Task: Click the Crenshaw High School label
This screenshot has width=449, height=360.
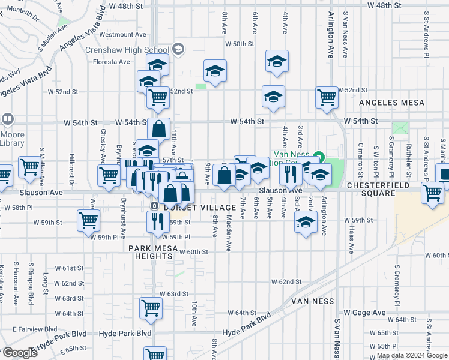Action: (x=127, y=50)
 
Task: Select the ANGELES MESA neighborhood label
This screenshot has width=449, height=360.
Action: (x=391, y=103)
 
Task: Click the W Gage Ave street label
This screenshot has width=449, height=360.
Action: (x=364, y=313)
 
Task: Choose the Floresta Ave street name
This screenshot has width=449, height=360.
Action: (x=112, y=61)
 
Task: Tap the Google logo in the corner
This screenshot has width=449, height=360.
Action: (x=20, y=353)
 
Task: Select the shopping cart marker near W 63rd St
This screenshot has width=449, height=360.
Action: (x=150, y=308)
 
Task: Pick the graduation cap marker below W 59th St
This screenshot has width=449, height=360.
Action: (x=306, y=223)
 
